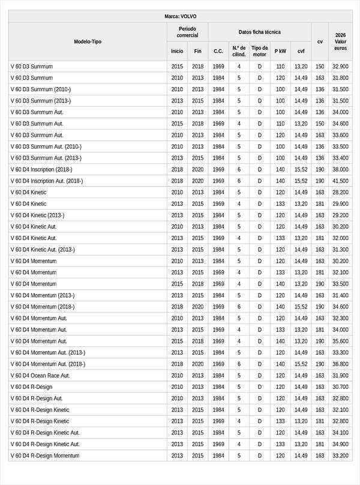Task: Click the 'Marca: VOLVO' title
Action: pyautogui.click(x=180, y=16)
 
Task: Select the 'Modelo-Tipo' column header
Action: pyautogui.click(x=88, y=41)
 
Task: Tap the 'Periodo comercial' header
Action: pyautogui.click(x=187, y=32)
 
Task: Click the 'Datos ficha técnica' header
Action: pyautogui.click(x=259, y=32)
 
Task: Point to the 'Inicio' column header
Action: pyautogui.click(x=177, y=51)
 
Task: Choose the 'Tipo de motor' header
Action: pyautogui.click(x=260, y=51)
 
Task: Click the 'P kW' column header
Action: pyautogui.click(x=280, y=51)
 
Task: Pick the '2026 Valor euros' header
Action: pyautogui.click(x=340, y=41)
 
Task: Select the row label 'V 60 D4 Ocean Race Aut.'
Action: pyautogui.click(x=40, y=375)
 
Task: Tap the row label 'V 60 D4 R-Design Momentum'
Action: pyautogui.click(x=45, y=456)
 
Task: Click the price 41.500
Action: pyautogui.click(x=340, y=181)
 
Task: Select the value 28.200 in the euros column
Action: pyautogui.click(x=340, y=192)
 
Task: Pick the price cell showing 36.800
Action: pyautogui.click(x=340, y=364)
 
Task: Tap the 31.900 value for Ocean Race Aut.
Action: pyautogui.click(x=340, y=375)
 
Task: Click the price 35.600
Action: pyautogui.click(x=340, y=341)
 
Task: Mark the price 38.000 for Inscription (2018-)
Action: pyautogui.click(x=340, y=169)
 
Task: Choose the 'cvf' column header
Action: pyautogui.click(x=301, y=51)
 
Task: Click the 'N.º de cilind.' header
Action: pyautogui.click(x=239, y=51)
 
